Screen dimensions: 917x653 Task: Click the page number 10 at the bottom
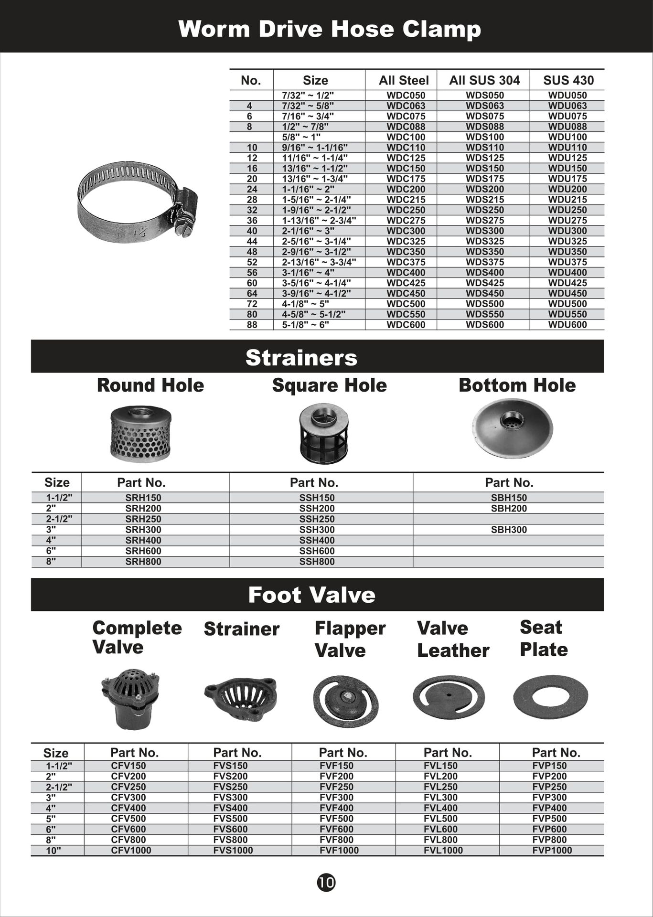(326, 882)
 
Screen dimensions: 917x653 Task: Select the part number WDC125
(406, 158)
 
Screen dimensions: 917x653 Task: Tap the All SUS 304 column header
(484, 80)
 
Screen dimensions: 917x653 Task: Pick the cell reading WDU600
(567, 325)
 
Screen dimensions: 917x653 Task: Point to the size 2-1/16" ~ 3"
(308, 231)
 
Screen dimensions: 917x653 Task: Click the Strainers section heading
(301, 357)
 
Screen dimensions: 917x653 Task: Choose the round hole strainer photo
(140, 434)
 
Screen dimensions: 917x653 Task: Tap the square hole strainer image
(324, 434)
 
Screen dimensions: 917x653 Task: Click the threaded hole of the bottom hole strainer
(511, 420)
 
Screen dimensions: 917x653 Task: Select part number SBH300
(509, 530)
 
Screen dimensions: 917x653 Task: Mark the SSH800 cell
(317, 562)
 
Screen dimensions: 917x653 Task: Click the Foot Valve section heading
(311, 595)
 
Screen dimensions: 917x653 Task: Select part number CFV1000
(131, 850)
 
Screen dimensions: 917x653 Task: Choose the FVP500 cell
(549, 819)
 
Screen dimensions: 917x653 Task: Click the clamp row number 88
(252, 325)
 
